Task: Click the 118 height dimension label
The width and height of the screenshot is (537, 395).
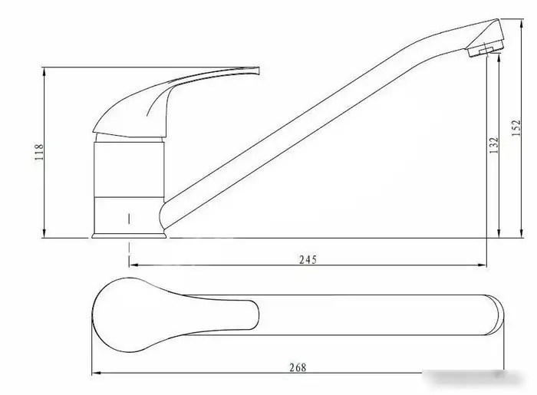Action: (x=39, y=153)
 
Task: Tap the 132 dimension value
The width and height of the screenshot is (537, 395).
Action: (x=494, y=145)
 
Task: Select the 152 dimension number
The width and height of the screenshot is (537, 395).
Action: (x=516, y=127)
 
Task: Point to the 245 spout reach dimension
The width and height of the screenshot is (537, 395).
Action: (x=308, y=260)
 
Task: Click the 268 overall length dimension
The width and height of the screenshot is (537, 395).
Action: (x=298, y=368)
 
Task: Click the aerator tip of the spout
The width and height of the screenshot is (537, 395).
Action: (x=486, y=51)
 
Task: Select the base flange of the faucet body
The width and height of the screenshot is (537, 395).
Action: (x=129, y=235)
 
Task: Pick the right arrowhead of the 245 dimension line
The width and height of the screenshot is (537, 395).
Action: (x=483, y=265)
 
